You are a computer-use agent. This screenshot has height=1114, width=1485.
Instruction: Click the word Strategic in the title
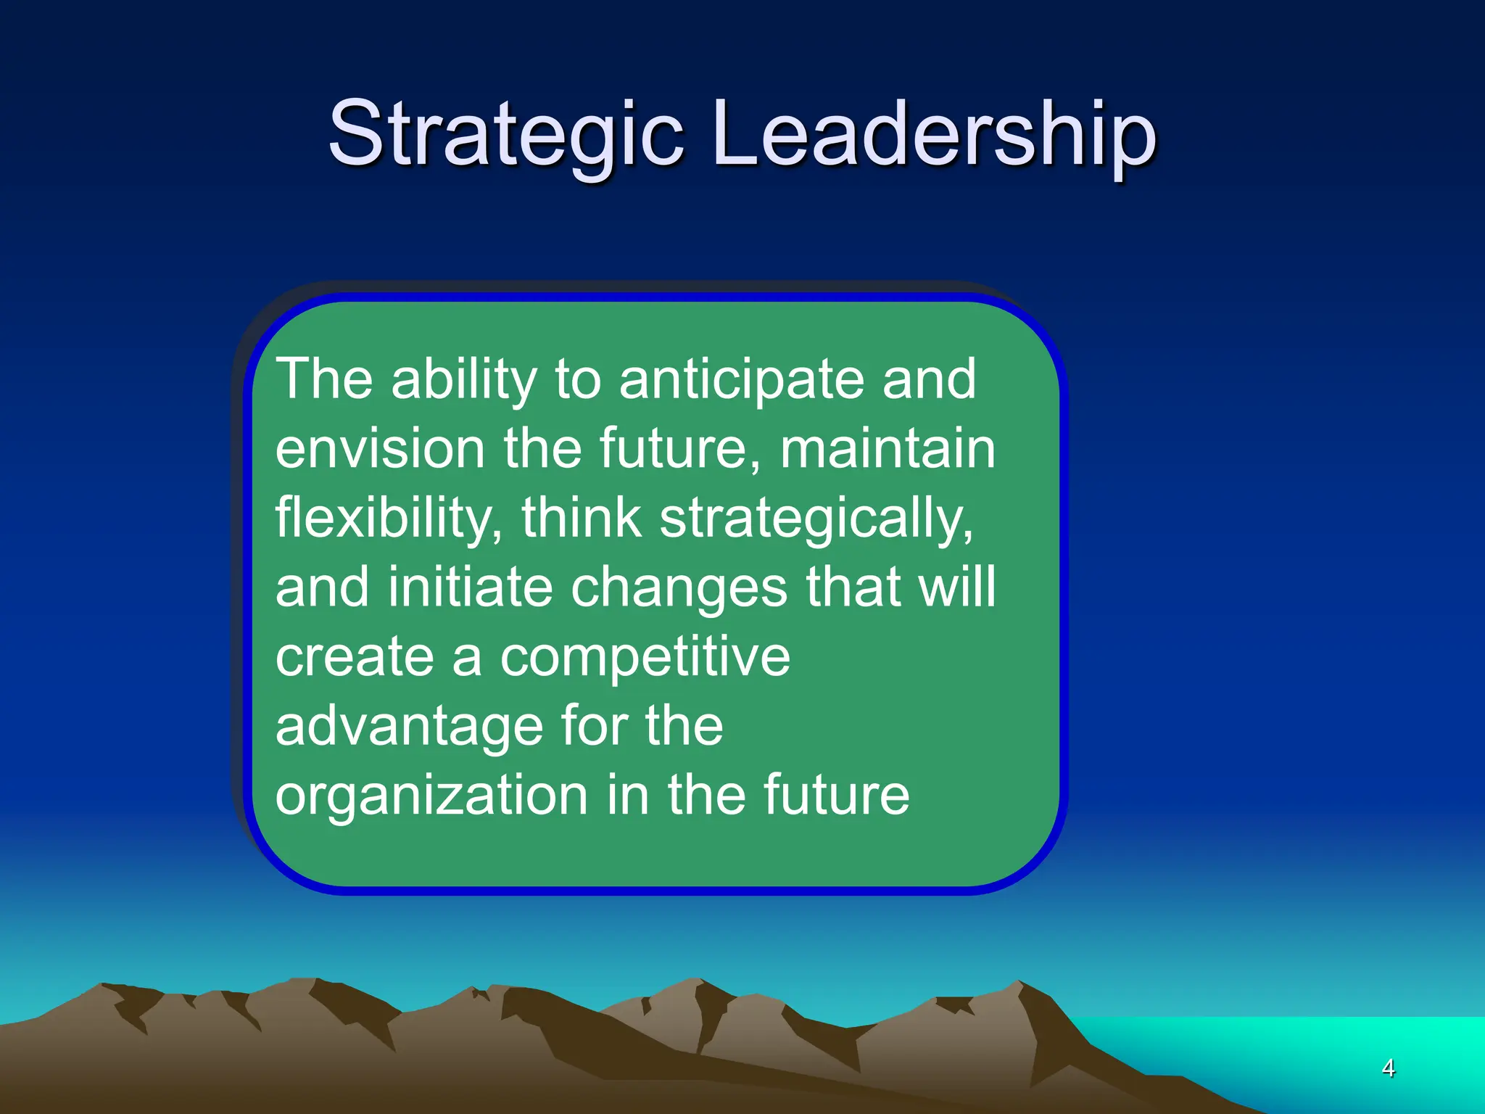[x=506, y=134]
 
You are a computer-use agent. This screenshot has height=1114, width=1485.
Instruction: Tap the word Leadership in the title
[x=935, y=134]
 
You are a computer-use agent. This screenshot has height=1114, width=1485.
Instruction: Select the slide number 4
[x=1388, y=1068]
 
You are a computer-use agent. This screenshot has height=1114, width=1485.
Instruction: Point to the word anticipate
[x=741, y=380]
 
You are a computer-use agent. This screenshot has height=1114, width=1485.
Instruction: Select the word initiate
[x=470, y=587]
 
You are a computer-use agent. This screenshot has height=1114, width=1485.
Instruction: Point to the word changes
[x=679, y=588]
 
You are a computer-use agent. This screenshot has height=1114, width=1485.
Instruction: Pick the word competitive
[x=645, y=658]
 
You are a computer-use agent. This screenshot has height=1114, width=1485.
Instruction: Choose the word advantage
[x=409, y=727]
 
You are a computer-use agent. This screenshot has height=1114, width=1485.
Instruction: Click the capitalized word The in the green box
[x=324, y=379]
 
